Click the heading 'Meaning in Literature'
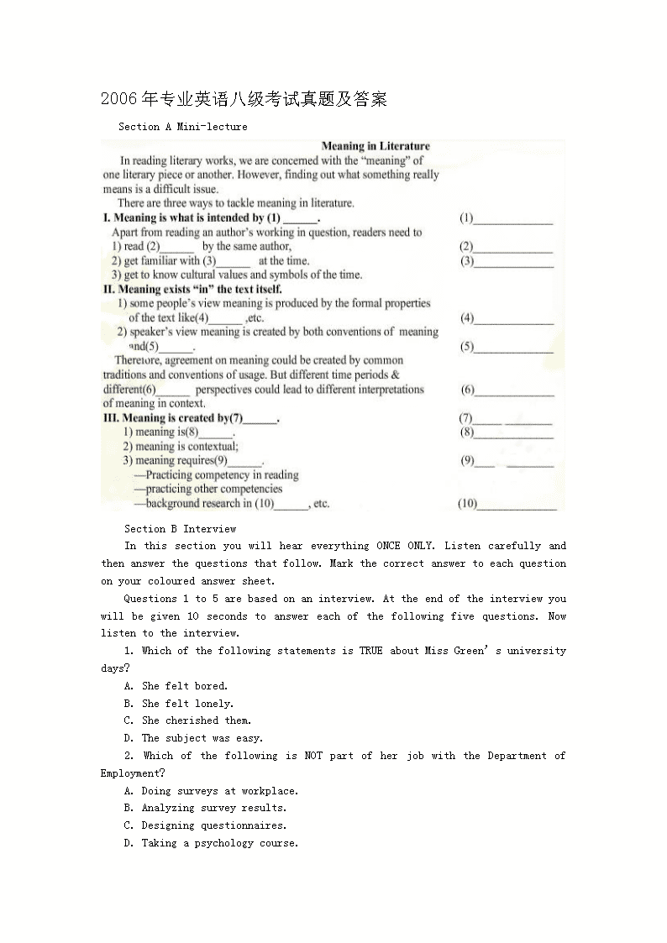(376, 146)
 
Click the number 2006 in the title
(118, 99)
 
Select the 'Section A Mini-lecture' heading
(183, 127)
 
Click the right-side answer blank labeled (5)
(516, 348)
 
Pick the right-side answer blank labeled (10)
(518, 505)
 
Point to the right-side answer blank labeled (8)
(516, 433)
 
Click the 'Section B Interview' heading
(180, 529)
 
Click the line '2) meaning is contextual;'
(181, 447)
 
